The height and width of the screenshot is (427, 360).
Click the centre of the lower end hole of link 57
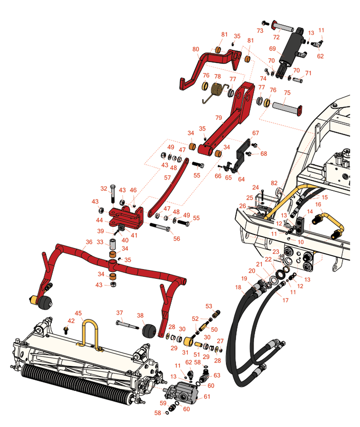[150, 215]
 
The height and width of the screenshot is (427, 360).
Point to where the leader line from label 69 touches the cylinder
[283, 55]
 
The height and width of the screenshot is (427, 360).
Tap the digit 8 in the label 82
[273, 183]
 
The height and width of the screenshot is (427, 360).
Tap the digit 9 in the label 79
[220, 118]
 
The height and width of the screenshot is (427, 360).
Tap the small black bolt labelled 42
[65, 330]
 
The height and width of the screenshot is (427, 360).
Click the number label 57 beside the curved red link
[168, 177]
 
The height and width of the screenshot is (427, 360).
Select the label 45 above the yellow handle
[78, 313]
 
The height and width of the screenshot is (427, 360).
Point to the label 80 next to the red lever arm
[196, 49]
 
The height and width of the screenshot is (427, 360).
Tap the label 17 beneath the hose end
[285, 300]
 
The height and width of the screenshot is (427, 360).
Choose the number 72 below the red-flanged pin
[276, 38]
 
